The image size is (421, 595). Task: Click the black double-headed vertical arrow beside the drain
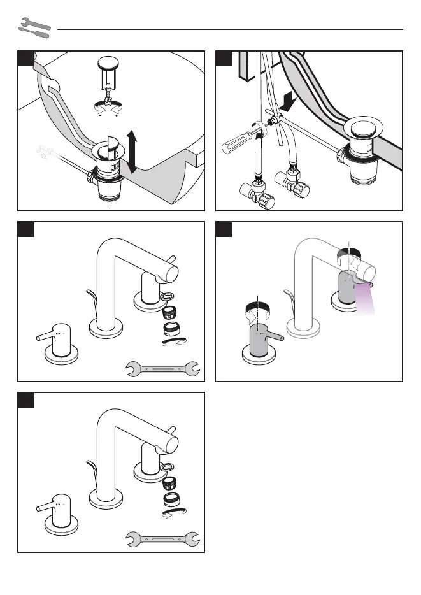tap(132, 151)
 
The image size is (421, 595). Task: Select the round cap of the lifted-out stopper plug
tap(108, 63)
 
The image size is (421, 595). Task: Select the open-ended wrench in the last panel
tap(164, 539)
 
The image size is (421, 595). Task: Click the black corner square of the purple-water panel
tap(224, 229)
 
